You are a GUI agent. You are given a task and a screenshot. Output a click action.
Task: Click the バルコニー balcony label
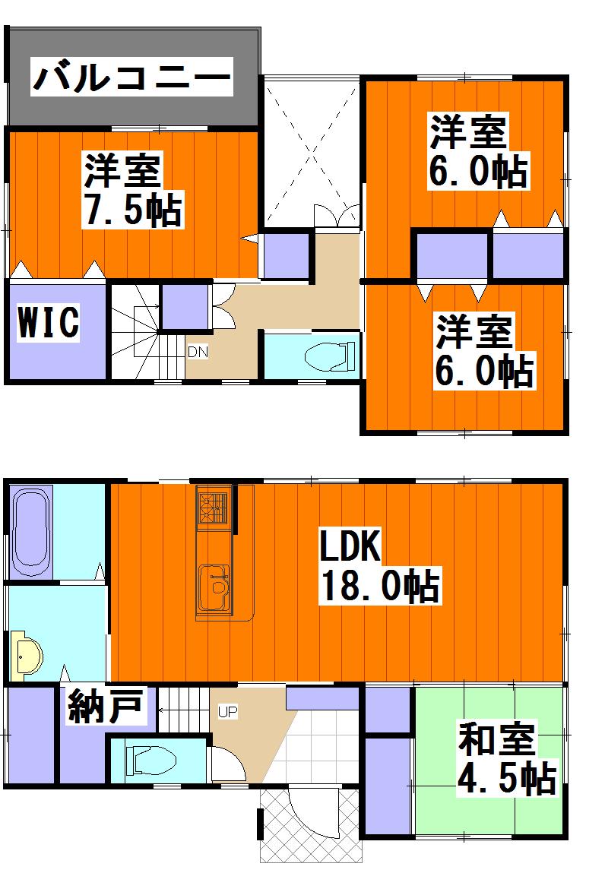coord(131,78)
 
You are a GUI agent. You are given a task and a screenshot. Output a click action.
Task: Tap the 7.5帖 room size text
coord(132,210)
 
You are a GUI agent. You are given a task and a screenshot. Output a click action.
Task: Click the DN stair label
coord(198,352)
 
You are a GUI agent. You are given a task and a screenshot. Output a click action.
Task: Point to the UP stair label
coord(227,712)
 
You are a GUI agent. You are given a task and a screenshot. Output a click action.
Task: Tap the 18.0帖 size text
coord(379,586)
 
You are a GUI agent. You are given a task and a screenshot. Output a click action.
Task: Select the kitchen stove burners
coord(213,508)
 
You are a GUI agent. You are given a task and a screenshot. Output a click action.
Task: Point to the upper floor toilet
coord(330,355)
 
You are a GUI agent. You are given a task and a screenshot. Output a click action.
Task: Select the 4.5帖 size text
coord(505,777)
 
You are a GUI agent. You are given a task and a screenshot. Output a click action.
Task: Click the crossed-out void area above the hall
coord(311,152)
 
